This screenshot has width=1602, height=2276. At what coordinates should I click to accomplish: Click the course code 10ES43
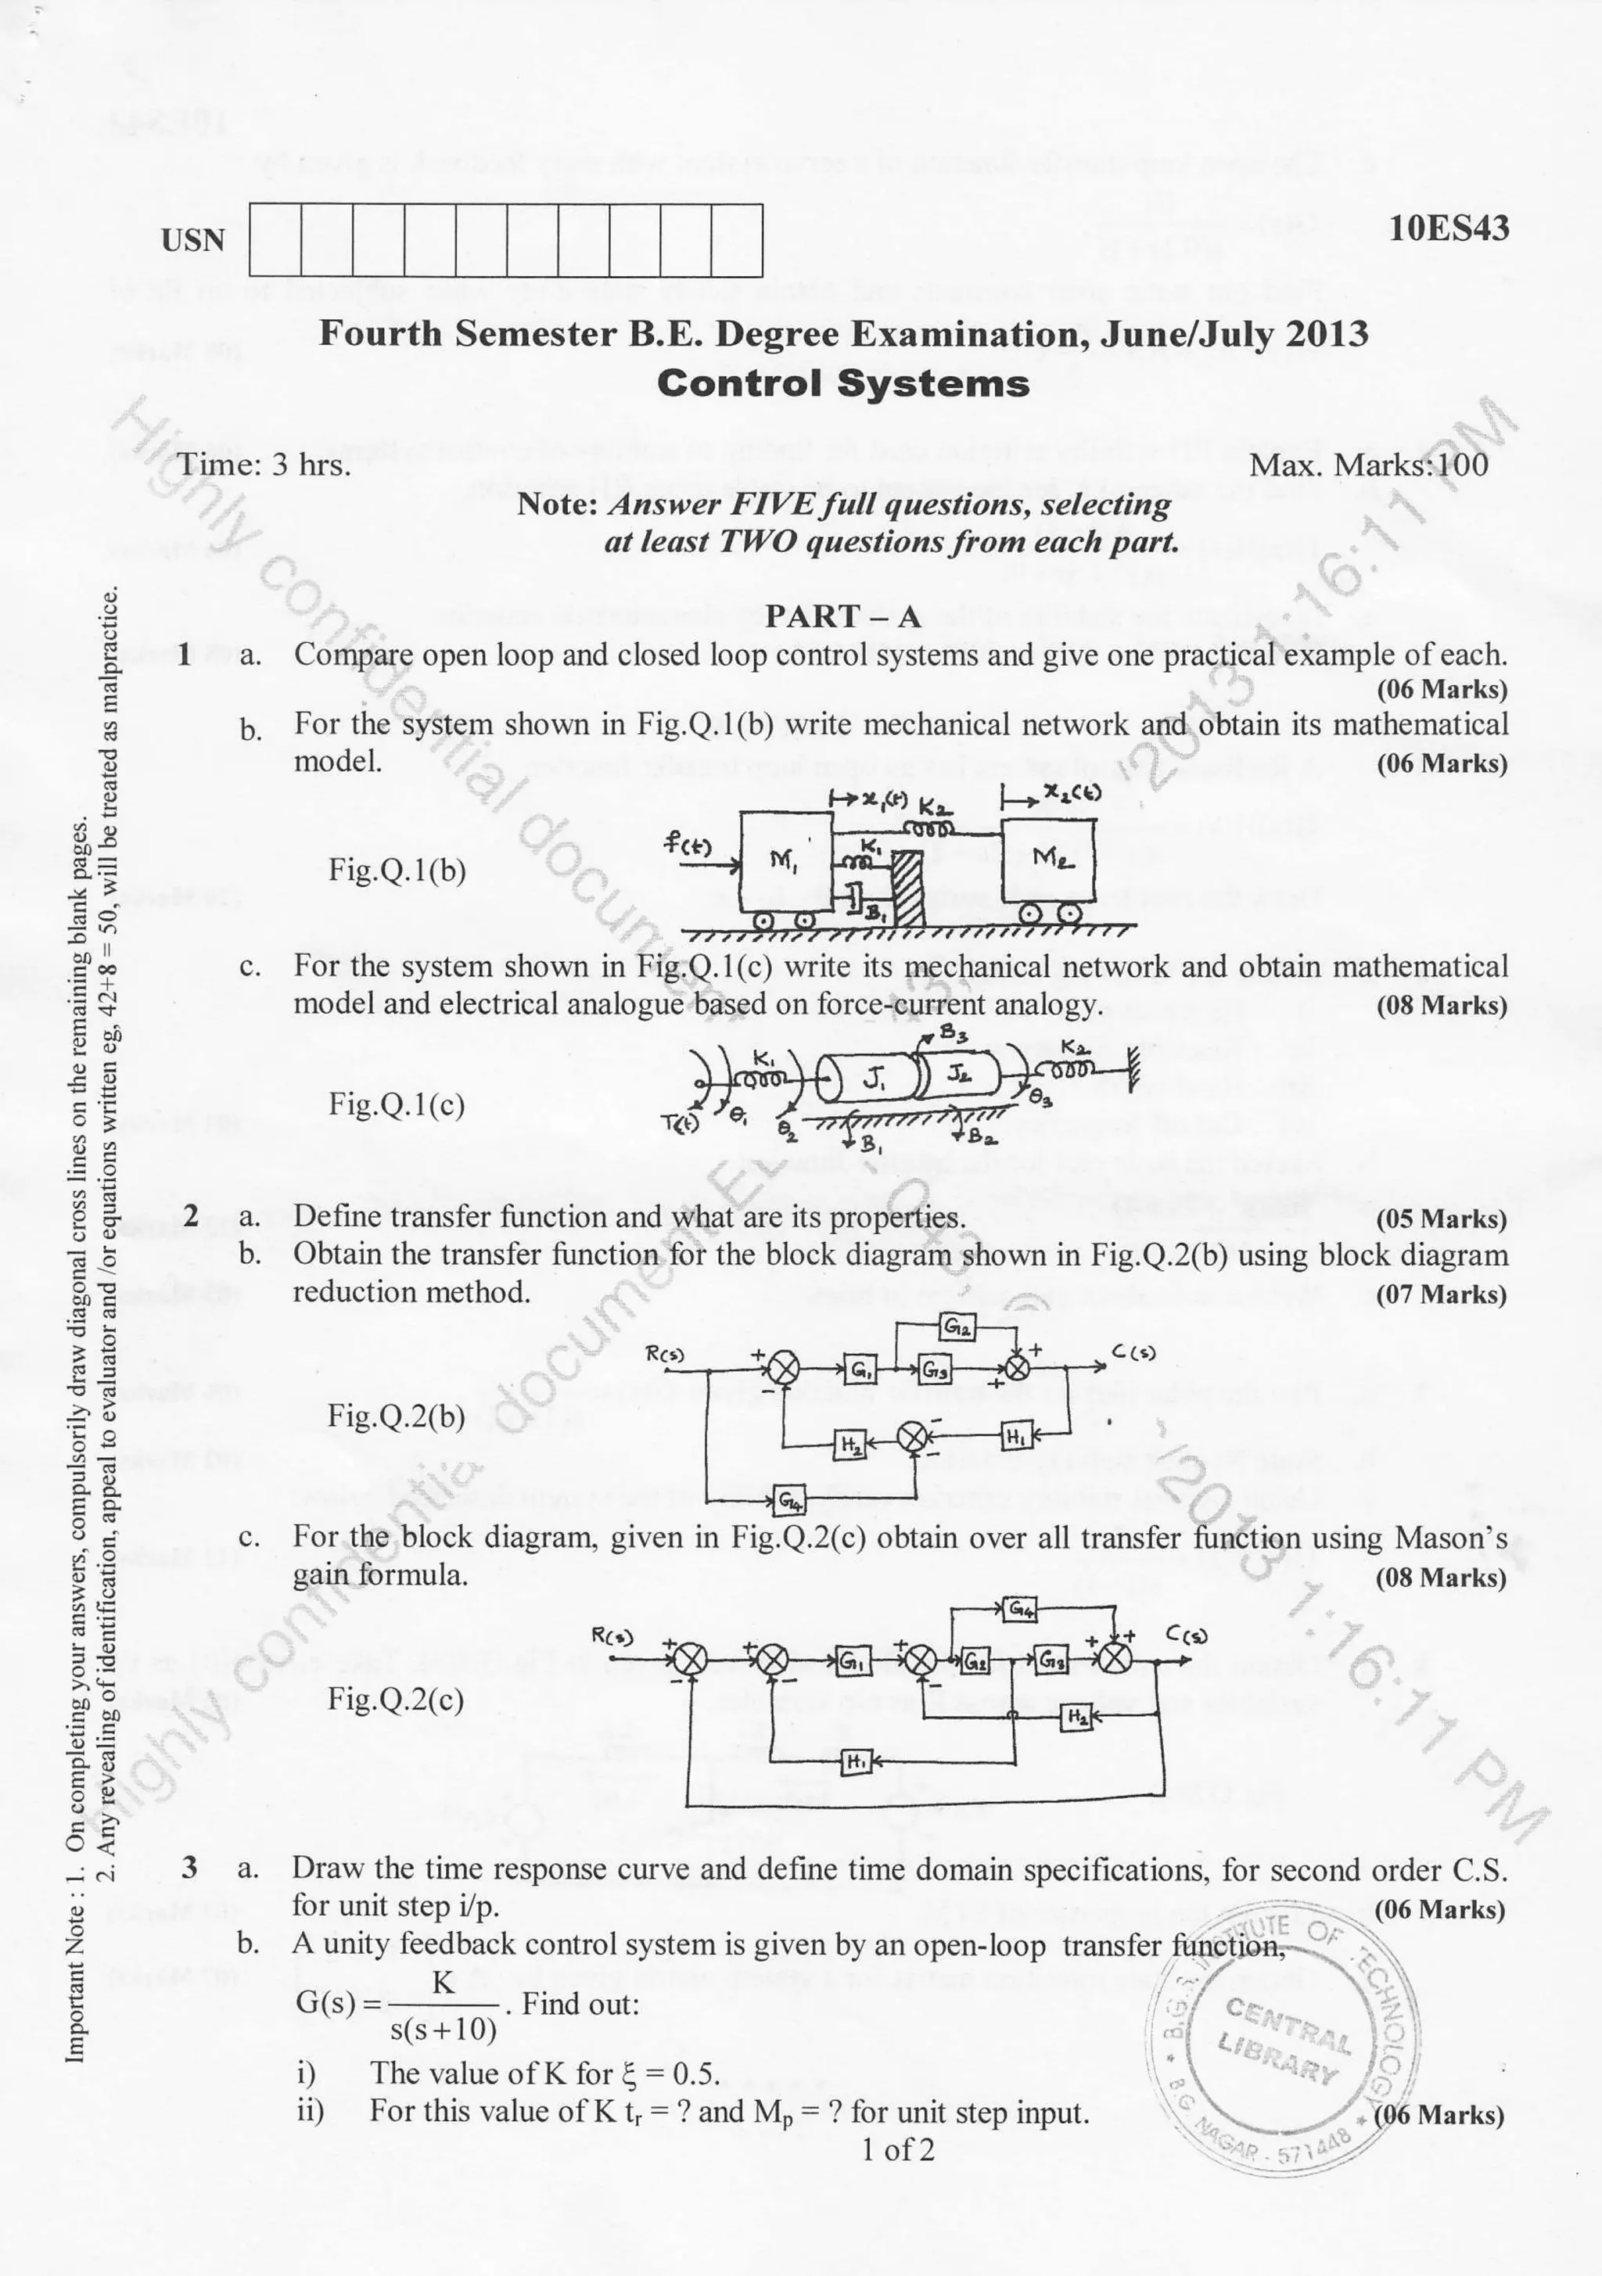(x=1449, y=229)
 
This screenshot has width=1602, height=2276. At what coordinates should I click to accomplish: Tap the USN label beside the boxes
(x=193, y=241)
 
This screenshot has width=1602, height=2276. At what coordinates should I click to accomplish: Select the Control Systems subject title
(x=842, y=383)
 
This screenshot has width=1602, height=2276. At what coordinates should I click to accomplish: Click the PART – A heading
(x=842, y=616)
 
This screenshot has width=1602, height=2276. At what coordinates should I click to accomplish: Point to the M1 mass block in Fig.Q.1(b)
(x=783, y=859)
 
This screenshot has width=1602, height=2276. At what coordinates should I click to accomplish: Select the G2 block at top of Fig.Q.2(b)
(x=957, y=1327)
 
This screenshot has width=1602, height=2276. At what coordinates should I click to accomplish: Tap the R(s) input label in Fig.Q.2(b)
(x=665, y=1353)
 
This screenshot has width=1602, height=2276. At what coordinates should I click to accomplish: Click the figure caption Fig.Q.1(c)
(x=397, y=1104)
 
